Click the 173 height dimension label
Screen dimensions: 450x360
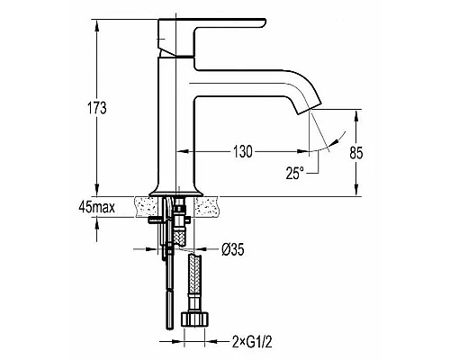tap(97, 108)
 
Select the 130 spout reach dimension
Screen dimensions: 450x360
tap(243, 152)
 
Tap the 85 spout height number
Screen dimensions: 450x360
tap(356, 153)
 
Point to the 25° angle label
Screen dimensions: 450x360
tap(295, 174)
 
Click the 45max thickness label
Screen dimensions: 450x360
tap(97, 207)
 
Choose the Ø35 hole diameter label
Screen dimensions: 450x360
tap(233, 249)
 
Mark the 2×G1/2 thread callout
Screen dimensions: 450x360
tap(252, 342)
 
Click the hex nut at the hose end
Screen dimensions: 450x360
tap(194, 319)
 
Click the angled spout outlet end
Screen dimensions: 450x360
tap(310, 107)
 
